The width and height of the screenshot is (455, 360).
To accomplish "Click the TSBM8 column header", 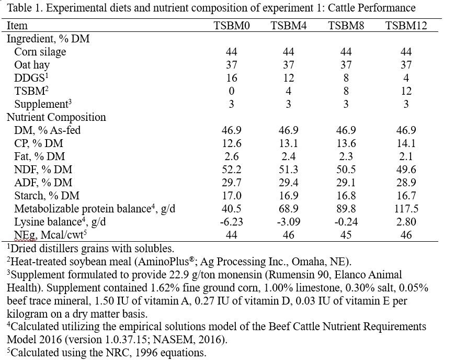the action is [x=346, y=26].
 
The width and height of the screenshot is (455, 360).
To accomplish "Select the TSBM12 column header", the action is [x=406, y=26].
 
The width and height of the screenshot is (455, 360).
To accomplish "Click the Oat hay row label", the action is [x=32, y=65].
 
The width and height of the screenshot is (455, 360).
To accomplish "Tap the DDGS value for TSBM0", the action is [x=232, y=78].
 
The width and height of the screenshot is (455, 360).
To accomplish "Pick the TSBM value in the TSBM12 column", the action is [x=406, y=91].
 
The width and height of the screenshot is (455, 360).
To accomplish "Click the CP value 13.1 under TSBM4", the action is [x=289, y=143].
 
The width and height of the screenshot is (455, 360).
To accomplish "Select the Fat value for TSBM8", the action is [x=346, y=156].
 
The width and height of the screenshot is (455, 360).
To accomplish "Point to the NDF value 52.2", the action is [x=232, y=169].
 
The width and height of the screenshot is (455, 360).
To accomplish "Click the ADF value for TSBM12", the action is [x=406, y=182].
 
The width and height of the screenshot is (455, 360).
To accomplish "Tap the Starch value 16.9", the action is [x=289, y=195].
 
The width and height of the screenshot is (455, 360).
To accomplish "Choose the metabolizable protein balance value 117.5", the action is [x=406, y=208].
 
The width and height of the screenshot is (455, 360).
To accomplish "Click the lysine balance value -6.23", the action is [x=232, y=221].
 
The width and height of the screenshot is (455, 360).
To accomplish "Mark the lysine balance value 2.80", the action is [x=406, y=221].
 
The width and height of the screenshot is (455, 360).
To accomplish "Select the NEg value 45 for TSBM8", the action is [x=346, y=234].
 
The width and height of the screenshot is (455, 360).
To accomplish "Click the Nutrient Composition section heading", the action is [x=56, y=117].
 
